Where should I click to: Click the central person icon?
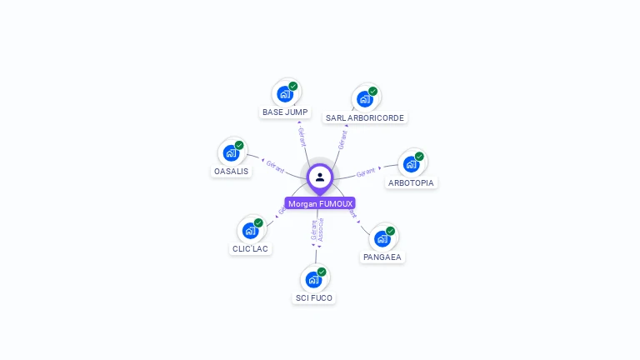(x=320, y=177)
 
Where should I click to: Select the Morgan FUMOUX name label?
(x=320, y=203)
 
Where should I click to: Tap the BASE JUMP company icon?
(x=285, y=93)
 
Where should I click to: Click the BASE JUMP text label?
(x=285, y=112)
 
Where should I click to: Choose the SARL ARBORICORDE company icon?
(x=365, y=98)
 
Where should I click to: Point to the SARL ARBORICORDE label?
(x=365, y=117)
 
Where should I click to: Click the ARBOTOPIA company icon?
(x=412, y=163)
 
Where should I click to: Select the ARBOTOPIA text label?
(x=412, y=182)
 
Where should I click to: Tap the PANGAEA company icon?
(x=382, y=238)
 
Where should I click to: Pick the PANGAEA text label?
(x=382, y=257)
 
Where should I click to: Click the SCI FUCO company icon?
(x=314, y=279)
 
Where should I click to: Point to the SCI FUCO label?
(x=314, y=297)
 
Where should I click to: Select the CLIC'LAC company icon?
(x=250, y=230)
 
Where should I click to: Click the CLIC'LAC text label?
(x=250, y=248)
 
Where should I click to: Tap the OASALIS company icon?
(x=231, y=152)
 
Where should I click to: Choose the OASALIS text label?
(x=231, y=171)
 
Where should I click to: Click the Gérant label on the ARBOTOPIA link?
(x=367, y=172)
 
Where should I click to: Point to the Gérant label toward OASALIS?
(x=275, y=165)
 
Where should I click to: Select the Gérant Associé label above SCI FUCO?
(x=317, y=230)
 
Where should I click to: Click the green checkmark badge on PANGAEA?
(x=390, y=231)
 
